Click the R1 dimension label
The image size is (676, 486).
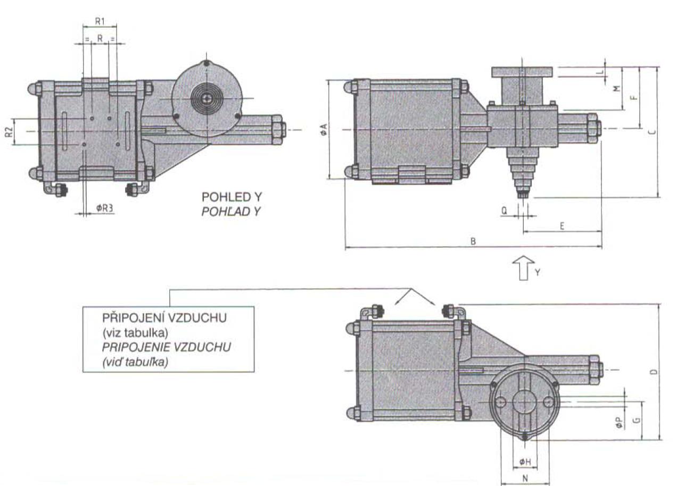tap(100, 21)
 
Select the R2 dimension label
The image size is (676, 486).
tap(9, 131)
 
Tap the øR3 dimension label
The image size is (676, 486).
tap(104, 208)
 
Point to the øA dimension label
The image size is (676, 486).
tap(324, 129)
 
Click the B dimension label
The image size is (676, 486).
tap(473, 242)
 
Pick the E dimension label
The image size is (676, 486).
tap(562, 226)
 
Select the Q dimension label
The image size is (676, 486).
tap(504, 211)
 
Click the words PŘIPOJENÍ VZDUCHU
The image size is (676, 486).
tap(164, 319)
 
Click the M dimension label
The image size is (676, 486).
tap(617, 89)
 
